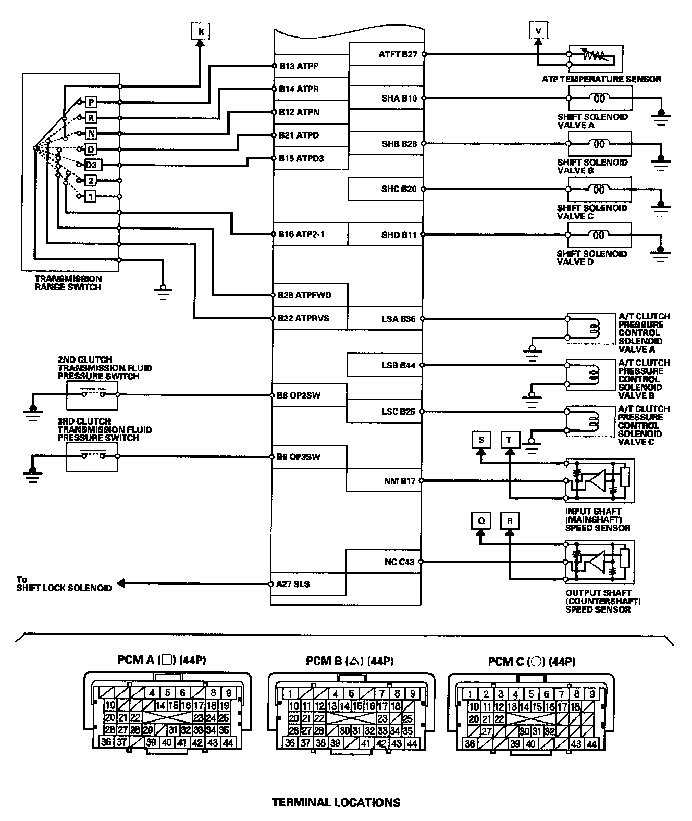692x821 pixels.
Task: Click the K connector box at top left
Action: coord(201,32)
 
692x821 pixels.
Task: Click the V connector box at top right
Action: coord(538,31)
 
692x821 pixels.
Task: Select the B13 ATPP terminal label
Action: coord(299,66)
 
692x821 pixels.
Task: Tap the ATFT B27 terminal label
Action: coord(398,54)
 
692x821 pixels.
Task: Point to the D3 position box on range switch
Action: coord(91,165)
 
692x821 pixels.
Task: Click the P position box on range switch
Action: coord(91,102)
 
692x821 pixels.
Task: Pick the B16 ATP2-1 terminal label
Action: coord(301,234)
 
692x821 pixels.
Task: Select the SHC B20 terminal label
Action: coord(399,189)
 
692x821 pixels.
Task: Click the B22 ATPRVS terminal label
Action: coord(303,318)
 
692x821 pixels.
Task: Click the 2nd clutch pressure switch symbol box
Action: coord(92,395)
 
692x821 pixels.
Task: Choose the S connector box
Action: coord(481,440)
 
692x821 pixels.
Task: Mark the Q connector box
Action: coord(481,521)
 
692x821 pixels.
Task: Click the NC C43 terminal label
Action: coord(399,562)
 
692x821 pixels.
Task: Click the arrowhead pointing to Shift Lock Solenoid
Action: coord(120,584)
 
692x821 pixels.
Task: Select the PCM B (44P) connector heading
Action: coord(349,661)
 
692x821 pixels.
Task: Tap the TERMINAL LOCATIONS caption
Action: coord(336,802)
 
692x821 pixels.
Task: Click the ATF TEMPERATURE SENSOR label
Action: coord(601,80)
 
